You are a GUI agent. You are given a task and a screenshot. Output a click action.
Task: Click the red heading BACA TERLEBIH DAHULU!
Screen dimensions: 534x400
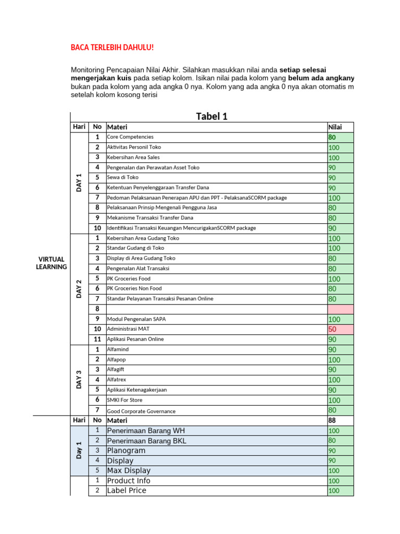(x=112, y=48)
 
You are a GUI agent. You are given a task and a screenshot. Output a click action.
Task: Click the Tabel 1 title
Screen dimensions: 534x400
(x=211, y=116)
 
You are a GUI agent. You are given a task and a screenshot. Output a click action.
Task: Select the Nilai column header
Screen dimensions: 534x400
(x=334, y=127)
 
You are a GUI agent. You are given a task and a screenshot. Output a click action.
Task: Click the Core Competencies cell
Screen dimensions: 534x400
(x=130, y=137)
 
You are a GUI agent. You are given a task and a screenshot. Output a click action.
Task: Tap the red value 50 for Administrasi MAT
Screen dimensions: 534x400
(x=333, y=330)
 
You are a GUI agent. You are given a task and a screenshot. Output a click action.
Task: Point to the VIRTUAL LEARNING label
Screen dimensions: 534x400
(x=51, y=263)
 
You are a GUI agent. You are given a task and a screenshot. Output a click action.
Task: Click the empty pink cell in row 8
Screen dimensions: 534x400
(x=340, y=309)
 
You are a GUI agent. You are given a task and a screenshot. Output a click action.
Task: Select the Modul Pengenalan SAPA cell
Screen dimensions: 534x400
(x=136, y=319)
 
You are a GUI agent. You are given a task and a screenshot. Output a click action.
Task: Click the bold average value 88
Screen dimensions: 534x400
(x=332, y=420)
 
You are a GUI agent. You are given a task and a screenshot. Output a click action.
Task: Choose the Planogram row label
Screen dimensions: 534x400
(x=126, y=451)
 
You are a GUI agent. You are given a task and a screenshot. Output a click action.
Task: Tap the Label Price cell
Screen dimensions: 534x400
(x=127, y=491)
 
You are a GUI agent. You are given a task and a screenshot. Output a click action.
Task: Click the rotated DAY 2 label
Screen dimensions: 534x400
(x=79, y=288)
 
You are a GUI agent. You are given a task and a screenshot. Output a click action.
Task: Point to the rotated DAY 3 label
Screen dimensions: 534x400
(x=79, y=379)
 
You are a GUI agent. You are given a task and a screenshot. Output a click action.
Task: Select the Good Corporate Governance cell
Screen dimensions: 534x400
(x=141, y=411)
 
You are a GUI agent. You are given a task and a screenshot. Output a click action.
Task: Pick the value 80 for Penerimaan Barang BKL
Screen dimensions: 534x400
(x=333, y=441)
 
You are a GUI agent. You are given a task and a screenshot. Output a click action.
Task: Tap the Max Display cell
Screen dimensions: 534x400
(x=129, y=471)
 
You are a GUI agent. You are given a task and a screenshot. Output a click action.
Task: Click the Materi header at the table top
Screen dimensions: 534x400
(x=117, y=127)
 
